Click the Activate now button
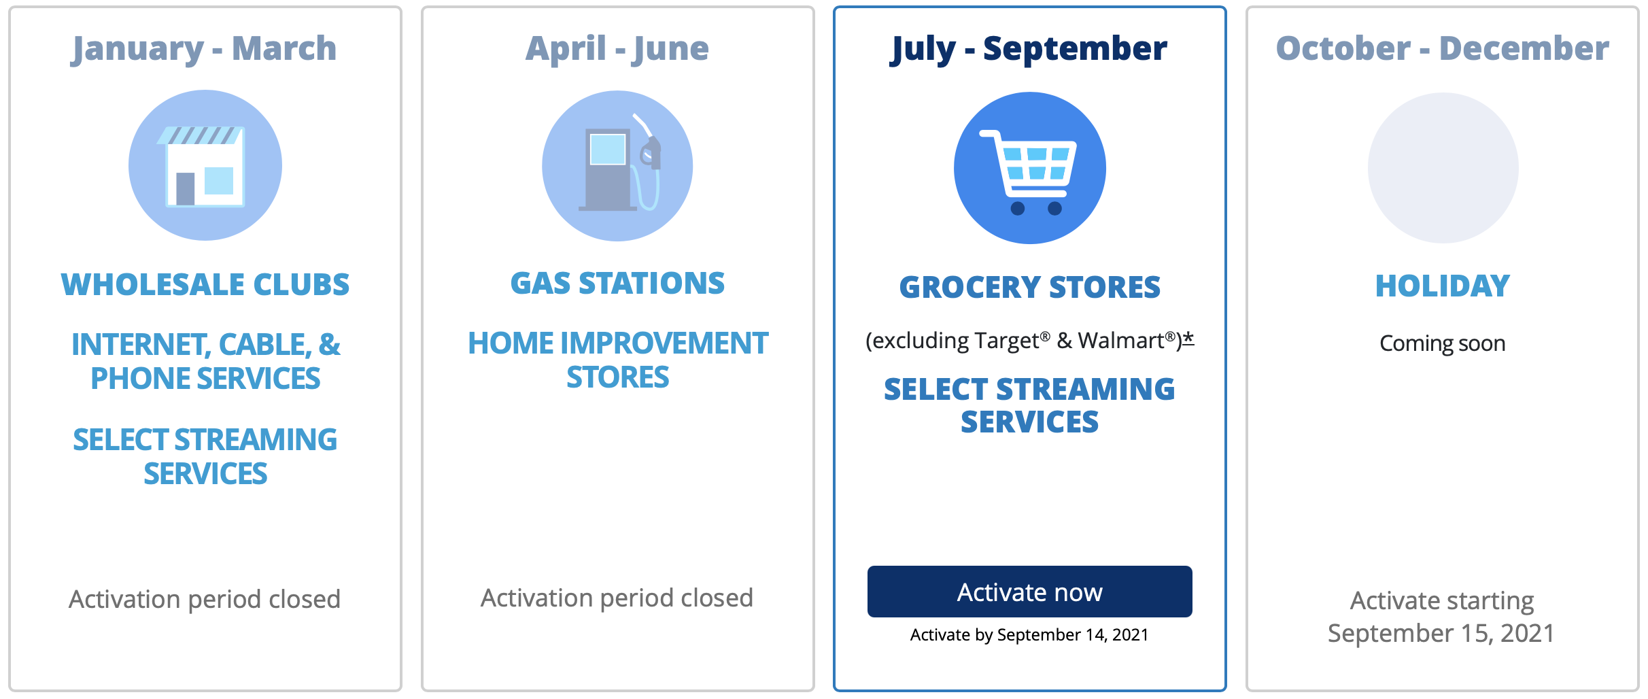tap(1029, 592)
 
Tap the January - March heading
tap(205, 49)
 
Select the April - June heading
tap(617, 49)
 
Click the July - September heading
tap(1029, 49)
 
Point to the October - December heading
tap(1443, 49)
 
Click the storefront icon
tap(205, 165)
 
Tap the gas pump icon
tap(617, 166)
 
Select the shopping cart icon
tap(1030, 168)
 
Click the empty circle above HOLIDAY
tap(1443, 168)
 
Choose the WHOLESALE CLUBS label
tap(205, 285)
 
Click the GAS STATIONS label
tap(618, 284)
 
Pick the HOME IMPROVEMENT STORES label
tap(618, 360)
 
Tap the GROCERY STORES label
tap(1030, 288)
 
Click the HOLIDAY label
tap(1443, 286)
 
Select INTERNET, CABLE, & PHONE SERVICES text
tap(206, 362)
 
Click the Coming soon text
tap(1443, 343)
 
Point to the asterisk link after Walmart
tap(1188, 338)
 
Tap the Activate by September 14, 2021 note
tap(1029, 635)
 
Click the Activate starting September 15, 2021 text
tap(1442, 617)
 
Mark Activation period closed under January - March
tap(205, 600)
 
